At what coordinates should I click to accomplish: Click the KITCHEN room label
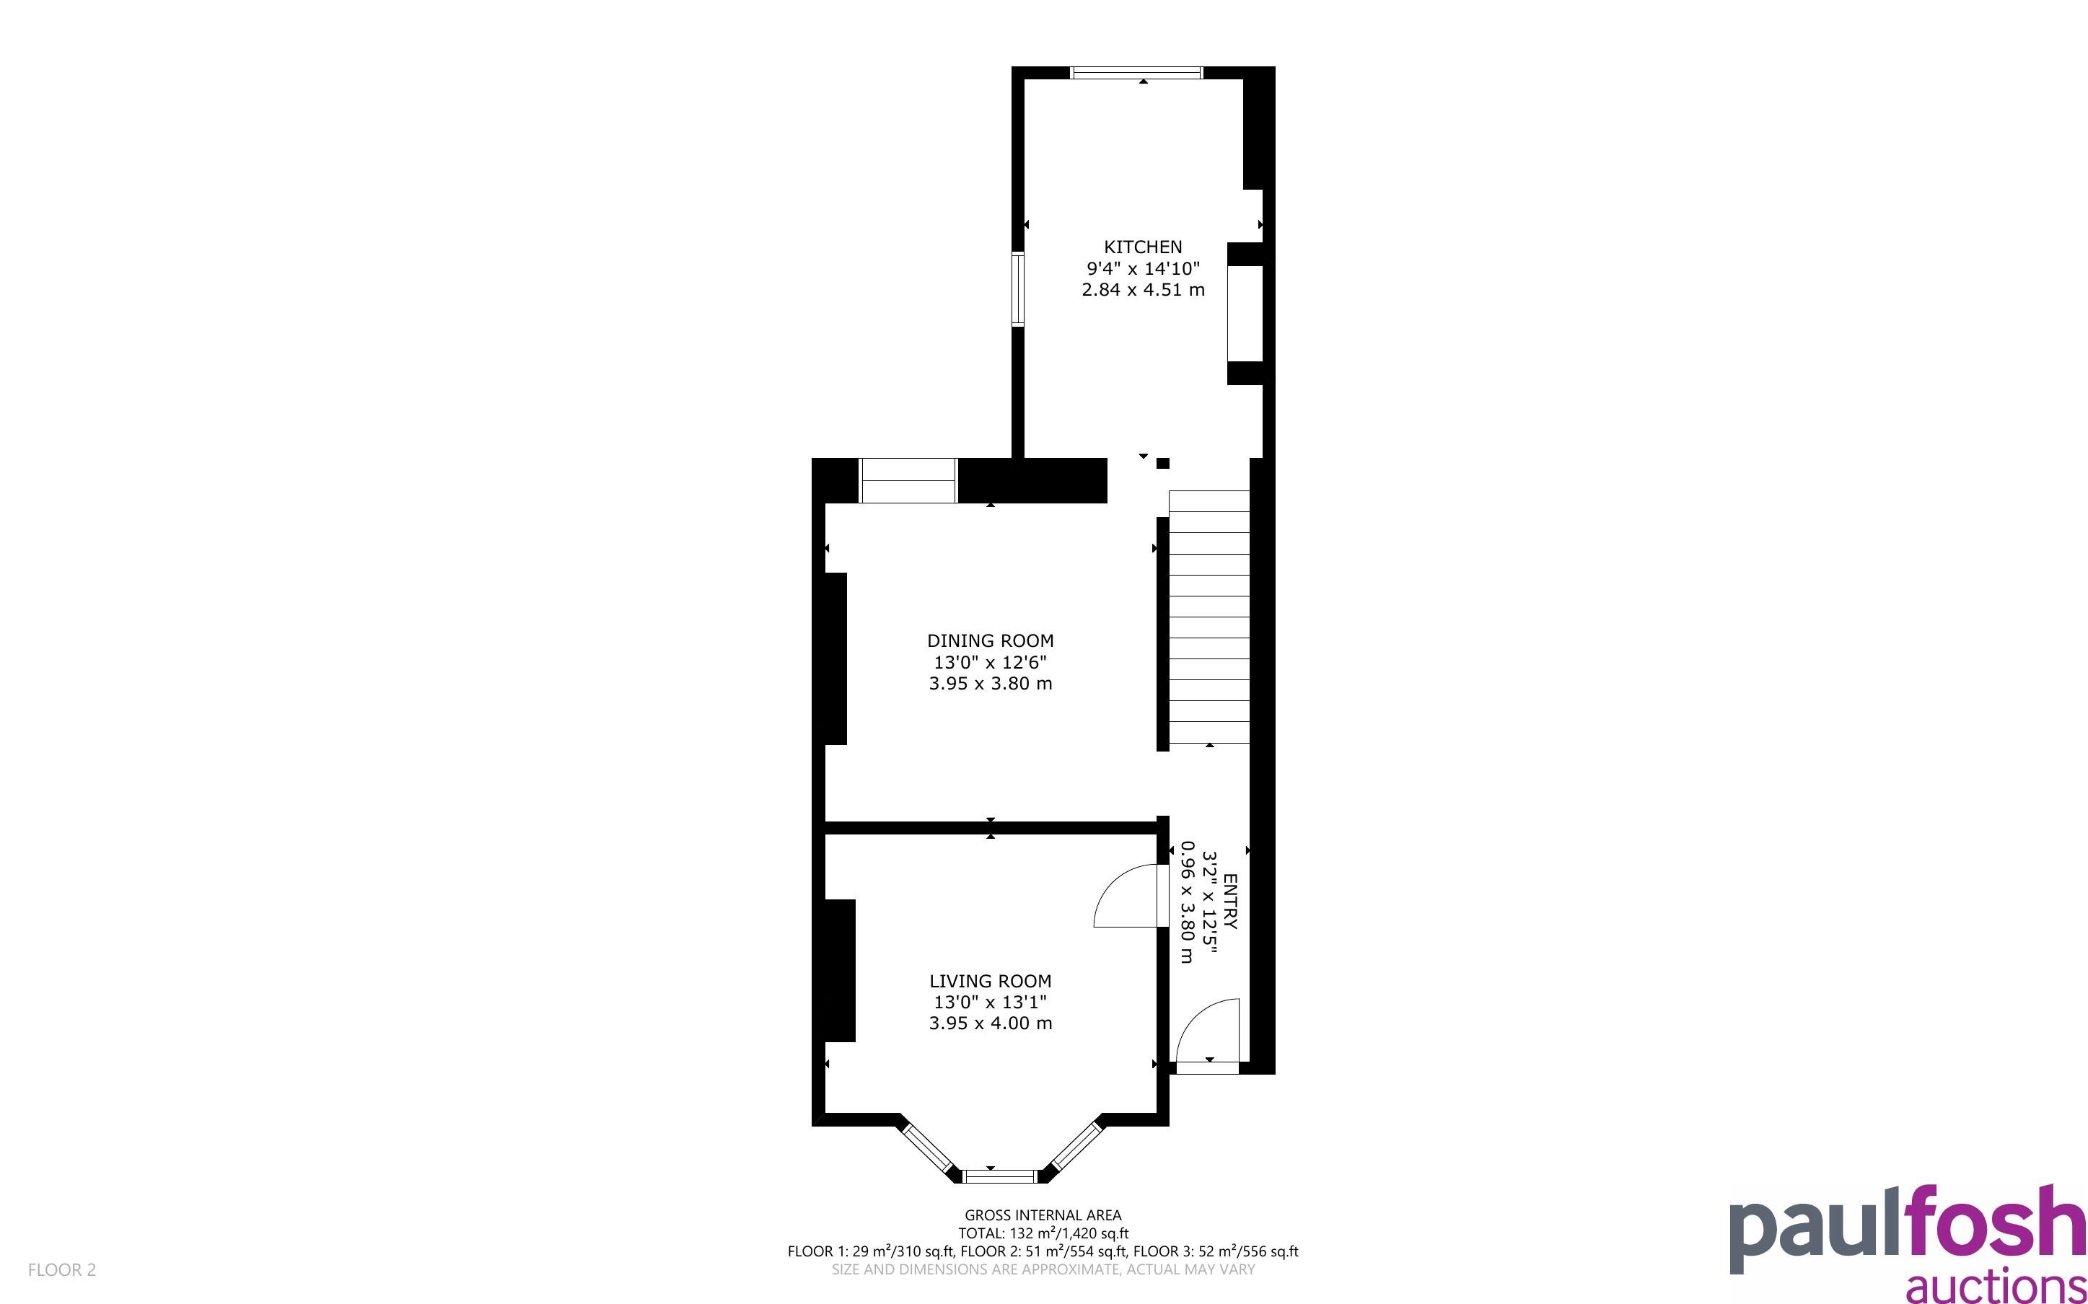click(1143, 247)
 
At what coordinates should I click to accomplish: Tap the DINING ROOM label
click(990, 640)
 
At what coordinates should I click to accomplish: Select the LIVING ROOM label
click(990, 981)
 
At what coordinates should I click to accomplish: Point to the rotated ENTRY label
click(1230, 902)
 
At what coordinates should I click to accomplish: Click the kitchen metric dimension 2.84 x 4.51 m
click(1143, 290)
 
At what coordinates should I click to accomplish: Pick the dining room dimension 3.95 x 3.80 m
click(990, 684)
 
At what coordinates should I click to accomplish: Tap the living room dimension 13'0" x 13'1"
click(990, 1002)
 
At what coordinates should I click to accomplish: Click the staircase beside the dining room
click(1209, 617)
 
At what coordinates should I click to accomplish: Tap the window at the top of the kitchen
click(1136, 72)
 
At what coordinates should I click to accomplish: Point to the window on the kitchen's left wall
click(1018, 289)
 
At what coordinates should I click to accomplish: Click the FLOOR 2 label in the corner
click(62, 1269)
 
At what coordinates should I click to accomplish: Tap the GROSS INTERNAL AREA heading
click(1043, 1215)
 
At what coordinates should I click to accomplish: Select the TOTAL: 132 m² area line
click(1043, 1233)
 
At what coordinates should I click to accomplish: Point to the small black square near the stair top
click(1162, 463)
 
